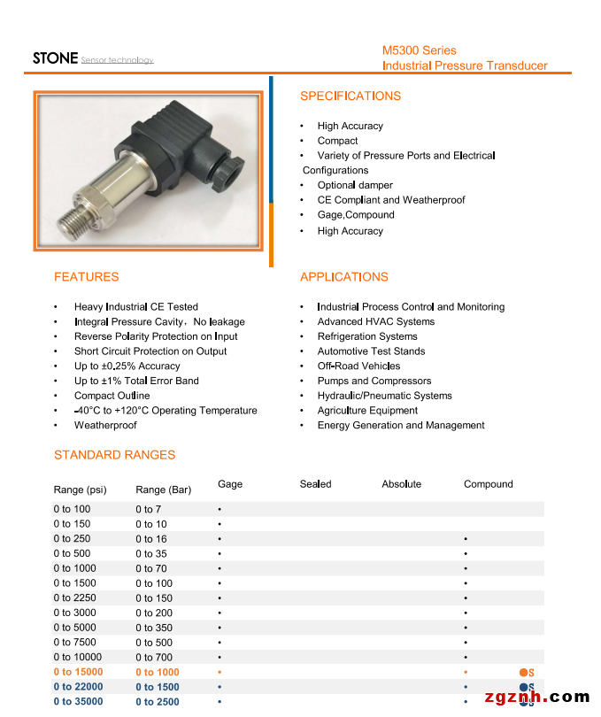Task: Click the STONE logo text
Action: tap(55, 58)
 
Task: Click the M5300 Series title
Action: tap(419, 50)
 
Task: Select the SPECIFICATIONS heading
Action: tap(350, 96)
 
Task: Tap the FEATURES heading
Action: tap(86, 277)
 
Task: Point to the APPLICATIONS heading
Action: tap(343, 277)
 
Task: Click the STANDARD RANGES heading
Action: tap(114, 455)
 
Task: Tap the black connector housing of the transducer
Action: tap(190, 143)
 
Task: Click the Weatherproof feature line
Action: tap(105, 426)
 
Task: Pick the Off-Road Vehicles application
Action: tap(358, 366)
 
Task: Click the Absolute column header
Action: tap(401, 484)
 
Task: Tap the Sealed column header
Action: tap(315, 484)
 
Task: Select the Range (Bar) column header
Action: tap(163, 490)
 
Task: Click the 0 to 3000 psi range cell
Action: tap(74, 613)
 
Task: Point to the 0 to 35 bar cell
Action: tap(150, 553)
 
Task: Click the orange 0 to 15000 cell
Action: tap(78, 673)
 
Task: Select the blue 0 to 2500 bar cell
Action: tap(157, 702)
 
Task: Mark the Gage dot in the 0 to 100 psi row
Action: tap(220, 510)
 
